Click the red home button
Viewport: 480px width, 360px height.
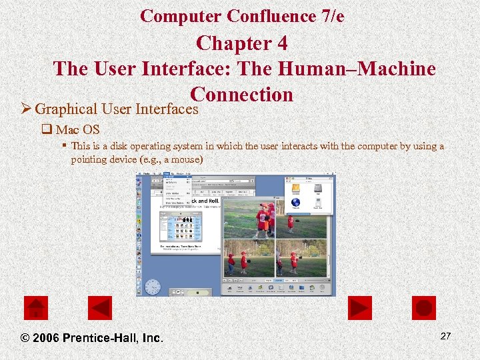pyautogui.click(x=36, y=308)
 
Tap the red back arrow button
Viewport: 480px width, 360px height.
pyautogui.click(x=100, y=308)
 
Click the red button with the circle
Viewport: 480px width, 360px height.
pyautogui.click(x=423, y=308)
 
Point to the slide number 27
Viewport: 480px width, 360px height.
pyautogui.click(x=445, y=336)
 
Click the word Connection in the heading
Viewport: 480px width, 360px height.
pyautogui.click(x=241, y=95)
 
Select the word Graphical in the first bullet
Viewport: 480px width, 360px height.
pyautogui.click(x=65, y=109)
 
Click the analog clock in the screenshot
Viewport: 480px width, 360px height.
pyautogui.click(x=153, y=287)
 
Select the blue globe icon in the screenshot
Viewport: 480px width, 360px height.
pyautogui.click(x=296, y=203)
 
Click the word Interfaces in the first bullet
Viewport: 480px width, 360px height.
pyautogui.click(x=168, y=109)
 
